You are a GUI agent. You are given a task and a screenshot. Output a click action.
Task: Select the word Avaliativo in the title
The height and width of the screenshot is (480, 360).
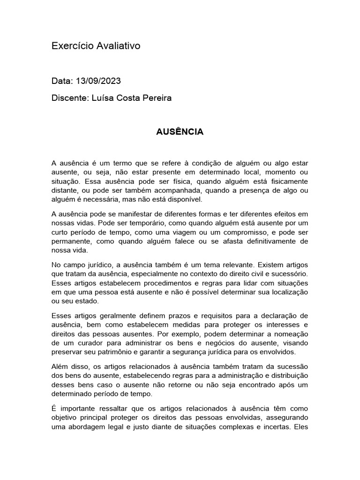coord(118,46)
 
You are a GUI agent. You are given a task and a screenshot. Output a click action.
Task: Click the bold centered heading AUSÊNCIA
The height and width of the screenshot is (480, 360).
coord(180,132)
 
